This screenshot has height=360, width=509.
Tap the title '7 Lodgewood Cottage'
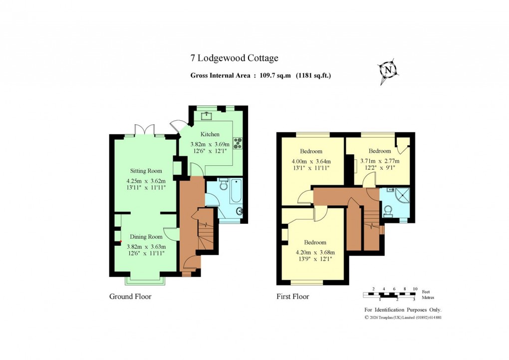234,58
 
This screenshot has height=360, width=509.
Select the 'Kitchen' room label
210,134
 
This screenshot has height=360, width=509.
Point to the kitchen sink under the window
207,116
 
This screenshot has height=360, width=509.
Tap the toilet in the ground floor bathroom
223,183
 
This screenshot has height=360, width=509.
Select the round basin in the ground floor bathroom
241,211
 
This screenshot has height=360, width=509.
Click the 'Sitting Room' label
143,171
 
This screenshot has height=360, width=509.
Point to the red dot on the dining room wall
121,242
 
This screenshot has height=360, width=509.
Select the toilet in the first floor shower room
387,211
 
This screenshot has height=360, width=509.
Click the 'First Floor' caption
293,297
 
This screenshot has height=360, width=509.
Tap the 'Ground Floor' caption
130,297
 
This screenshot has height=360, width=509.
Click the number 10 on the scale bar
415,289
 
